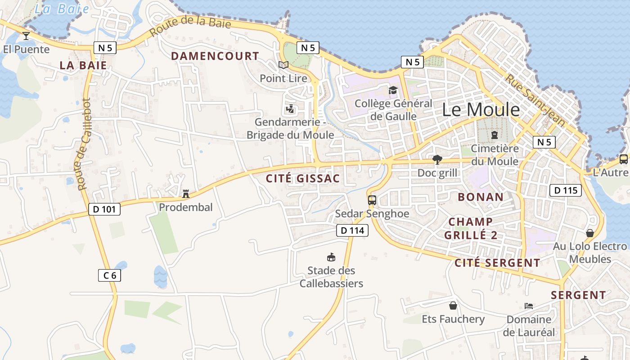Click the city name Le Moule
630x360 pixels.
click(x=481, y=110)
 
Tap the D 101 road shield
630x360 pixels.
click(x=104, y=209)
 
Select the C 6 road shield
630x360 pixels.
click(x=109, y=275)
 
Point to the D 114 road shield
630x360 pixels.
click(x=352, y=231)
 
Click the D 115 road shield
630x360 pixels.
click(x=566, y=190)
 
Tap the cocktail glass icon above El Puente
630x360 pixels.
click(x=26, y=36)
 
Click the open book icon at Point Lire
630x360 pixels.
click(x=283, y=65)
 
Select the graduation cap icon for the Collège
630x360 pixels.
click(x=393, y=90)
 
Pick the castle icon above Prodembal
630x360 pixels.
click(x=185, y=194)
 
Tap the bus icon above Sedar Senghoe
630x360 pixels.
click(x=372, y=200)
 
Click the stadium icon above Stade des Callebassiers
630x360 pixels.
click(x=331, y=257)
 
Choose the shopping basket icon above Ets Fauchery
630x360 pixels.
click(x=453, y=306)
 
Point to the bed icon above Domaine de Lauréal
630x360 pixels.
click(x=529, y=306)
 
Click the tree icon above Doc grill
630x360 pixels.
click(x=436, y=159)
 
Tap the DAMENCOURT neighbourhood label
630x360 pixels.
click(x=215, y=56)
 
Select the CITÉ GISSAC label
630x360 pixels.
click(x=303, y=179)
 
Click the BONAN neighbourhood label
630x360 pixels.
click(x=481, y=197)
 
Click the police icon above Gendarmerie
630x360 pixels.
click(x=290, y=109)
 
